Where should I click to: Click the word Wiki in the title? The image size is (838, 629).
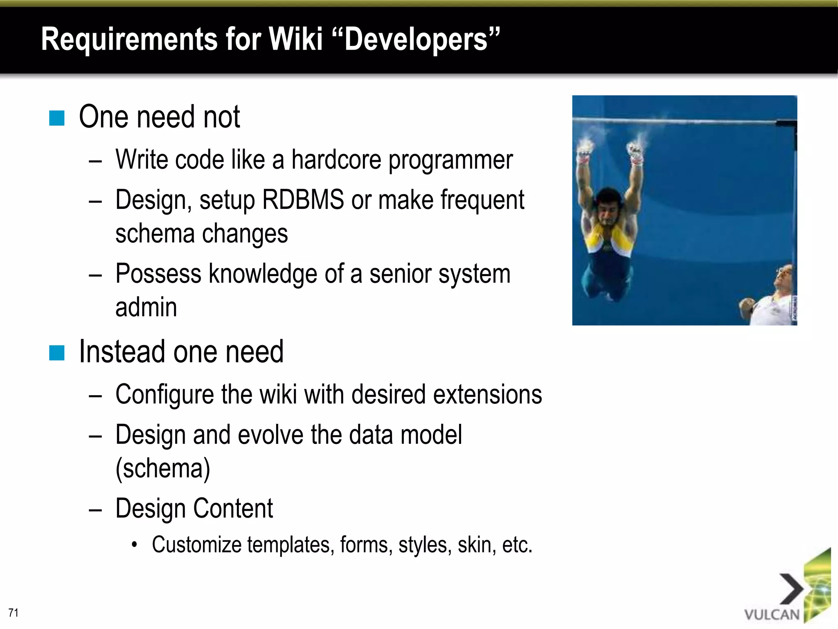click(x=295, y=39)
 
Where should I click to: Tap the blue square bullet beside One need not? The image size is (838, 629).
click(x=57, y=118)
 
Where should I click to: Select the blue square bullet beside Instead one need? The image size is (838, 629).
click(x=57, y=353)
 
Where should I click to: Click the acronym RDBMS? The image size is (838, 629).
click(x=303, y=200)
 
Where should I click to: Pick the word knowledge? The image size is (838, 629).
click(x=263, y=274)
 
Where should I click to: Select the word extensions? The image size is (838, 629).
click(x=487, y=394)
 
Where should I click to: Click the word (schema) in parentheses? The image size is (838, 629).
click(x=163, y=468)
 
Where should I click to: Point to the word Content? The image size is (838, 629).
click(x=233, y=508)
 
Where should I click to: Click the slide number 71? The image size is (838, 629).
click(x=14, y=612)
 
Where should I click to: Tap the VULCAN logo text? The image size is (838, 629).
click(x=772, y=614)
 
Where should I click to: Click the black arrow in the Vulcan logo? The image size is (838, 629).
click(x=792, y=589)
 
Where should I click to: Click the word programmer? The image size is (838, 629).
click(x=451, y=160)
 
